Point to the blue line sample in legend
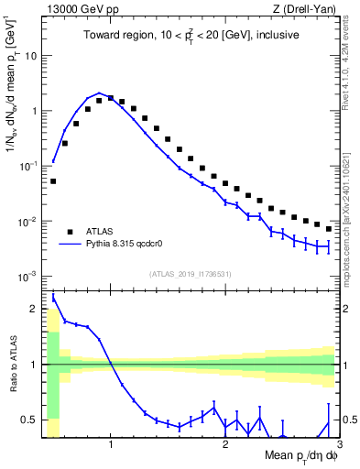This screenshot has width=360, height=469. pos(71,245)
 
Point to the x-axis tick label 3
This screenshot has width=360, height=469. pos(338,446)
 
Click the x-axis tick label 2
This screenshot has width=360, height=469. pos(224,446)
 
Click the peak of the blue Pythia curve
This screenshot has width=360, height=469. pos(99,93)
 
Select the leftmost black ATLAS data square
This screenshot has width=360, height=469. pos(53,181)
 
